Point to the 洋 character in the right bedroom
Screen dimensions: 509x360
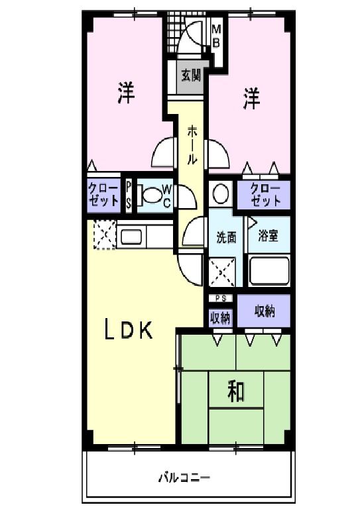coord(251,98)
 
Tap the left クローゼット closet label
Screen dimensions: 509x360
coord(104,195)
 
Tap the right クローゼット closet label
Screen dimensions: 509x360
coord(266,195)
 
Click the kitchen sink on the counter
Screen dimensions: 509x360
coord(131,236)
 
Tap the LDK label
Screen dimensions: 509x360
coord(131,329)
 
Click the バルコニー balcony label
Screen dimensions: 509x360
coord(184,477)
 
